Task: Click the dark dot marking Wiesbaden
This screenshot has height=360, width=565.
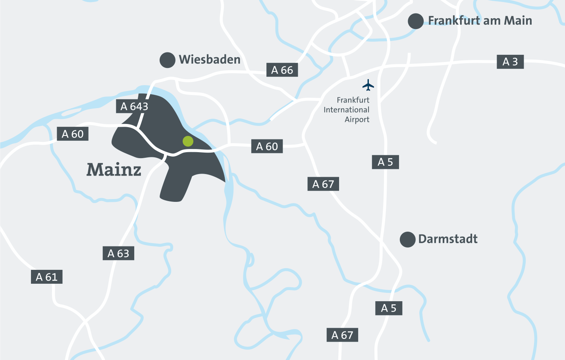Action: tap(168, 60)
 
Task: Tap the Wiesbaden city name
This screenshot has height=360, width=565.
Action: tap(210, 60)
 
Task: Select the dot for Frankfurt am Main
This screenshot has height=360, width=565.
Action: tap(416, 21)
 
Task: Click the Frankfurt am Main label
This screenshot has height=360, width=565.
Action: tap(480, 21)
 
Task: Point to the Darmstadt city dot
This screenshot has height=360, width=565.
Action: tap(407, 240)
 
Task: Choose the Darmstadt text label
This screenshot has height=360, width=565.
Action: tap(448, 239)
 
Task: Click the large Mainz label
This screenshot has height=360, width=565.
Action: tap(114, 170)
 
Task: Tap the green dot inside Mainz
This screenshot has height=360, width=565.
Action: tap(188, 141)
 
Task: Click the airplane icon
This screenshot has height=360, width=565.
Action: tap(368, 85)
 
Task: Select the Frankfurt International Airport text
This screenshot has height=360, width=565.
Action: tap(347, 110)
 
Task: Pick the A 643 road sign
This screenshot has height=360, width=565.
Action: tap(134, 106)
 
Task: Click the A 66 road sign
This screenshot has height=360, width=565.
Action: tap(282, 70)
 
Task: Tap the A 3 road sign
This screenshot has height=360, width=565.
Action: tap(510, 62)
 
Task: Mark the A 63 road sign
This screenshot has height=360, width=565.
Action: tap(118, 254)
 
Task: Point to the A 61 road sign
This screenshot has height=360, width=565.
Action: tap(47, 277)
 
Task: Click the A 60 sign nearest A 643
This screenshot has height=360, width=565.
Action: tap(73, 134)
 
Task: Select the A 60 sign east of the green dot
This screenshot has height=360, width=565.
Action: tap(267, 147)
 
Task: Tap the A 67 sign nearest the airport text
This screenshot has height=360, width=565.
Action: tap(323, 184)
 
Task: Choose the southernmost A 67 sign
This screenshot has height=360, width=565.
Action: tap(342, 335)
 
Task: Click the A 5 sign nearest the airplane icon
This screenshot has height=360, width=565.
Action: tap(385, 162)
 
